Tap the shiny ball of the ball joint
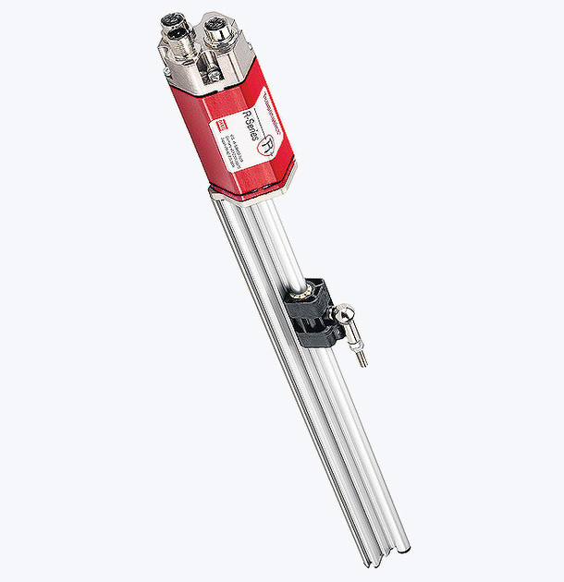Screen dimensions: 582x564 343,317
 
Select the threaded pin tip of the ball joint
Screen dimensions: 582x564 362,358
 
